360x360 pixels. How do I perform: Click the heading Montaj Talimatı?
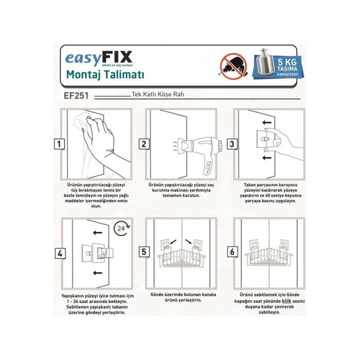(105, 75)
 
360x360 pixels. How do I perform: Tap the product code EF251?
(77, 96)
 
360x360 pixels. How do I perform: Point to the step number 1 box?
(61, 145)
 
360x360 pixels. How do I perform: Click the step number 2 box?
(145, 145)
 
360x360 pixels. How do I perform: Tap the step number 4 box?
(61, 253)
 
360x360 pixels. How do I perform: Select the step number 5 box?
(145, 253)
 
